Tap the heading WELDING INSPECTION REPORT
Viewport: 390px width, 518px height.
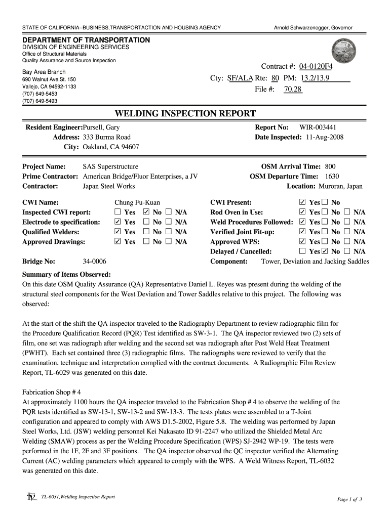(185, 113)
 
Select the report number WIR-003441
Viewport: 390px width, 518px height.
(318, 127)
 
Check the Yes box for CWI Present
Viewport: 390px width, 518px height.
(303, 202)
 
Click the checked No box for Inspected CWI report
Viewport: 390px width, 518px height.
(146, 212)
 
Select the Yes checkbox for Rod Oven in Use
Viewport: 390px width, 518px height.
(303, 212)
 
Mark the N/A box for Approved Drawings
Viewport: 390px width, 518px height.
(169, 242)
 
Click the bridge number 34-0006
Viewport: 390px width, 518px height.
(94, 262)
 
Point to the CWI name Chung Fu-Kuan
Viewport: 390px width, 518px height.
(137, 202)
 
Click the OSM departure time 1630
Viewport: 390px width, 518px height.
(332, 177)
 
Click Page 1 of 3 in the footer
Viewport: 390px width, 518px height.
(349, 500)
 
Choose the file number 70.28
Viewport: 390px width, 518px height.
(293, 90)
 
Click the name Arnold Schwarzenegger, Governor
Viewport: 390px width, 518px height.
(313, 27)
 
